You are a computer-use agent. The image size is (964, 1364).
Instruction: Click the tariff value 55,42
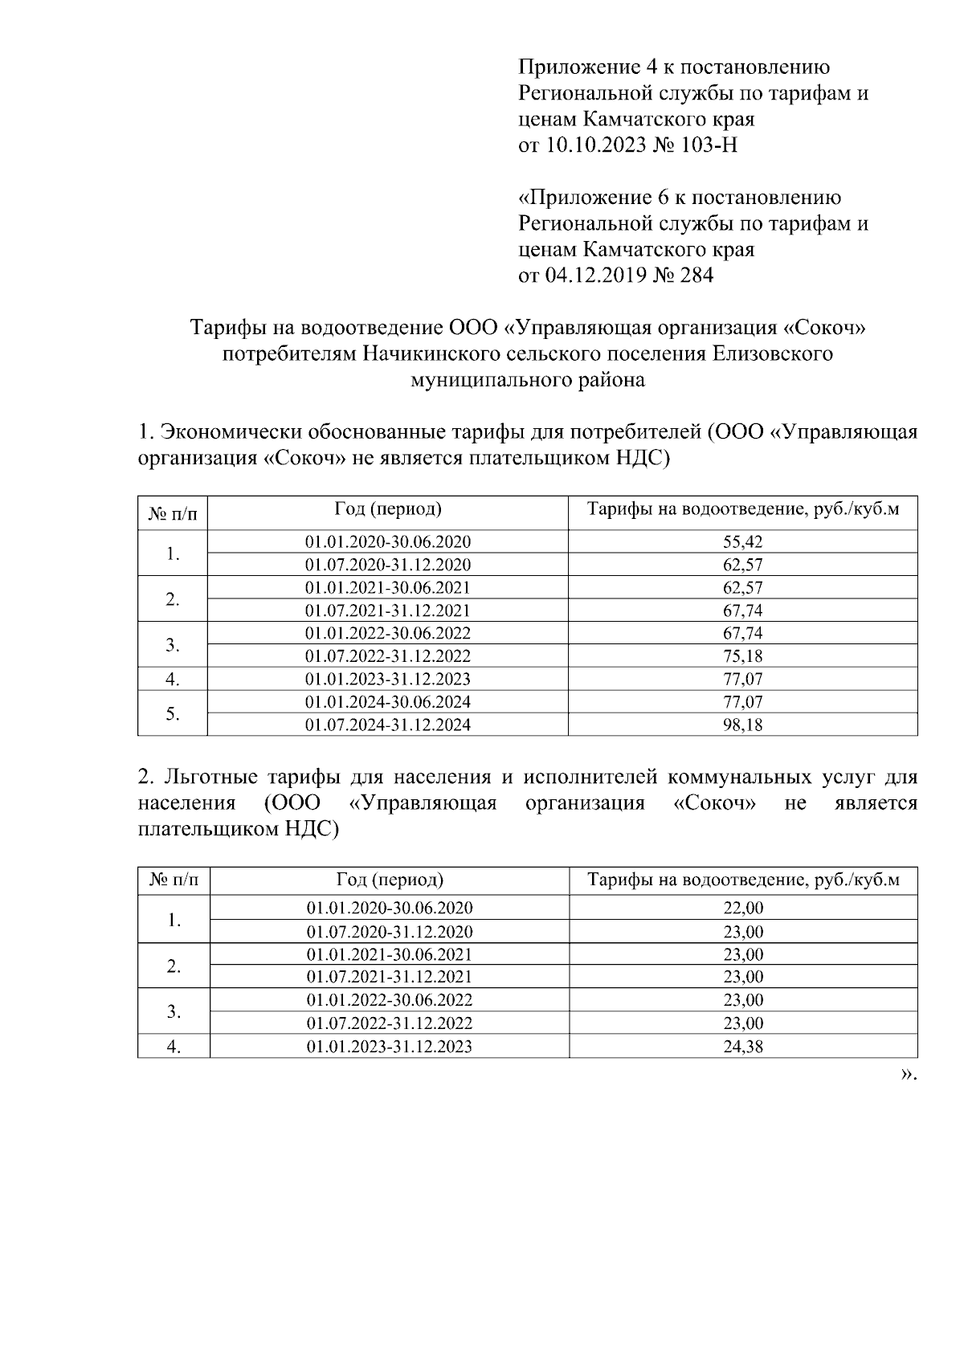click(x=742, y=541)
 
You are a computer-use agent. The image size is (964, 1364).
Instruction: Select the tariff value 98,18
click(x=742, y=725)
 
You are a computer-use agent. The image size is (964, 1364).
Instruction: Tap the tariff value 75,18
click(x=742, y=655)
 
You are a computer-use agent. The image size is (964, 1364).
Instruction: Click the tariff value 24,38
click(x=743, y=1047)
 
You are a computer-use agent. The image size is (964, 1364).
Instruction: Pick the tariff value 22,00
click(x=743, y=909)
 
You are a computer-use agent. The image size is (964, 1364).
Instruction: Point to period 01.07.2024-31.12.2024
click(x=388, y=725)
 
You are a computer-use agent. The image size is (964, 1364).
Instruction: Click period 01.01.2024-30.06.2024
click(x=388, y=702)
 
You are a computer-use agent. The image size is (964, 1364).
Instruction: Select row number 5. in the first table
click(x=172, y=713)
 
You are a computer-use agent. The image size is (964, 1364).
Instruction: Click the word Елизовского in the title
click(x=772, y=353)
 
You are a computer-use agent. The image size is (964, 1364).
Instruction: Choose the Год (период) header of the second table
click(x=390, y=880)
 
